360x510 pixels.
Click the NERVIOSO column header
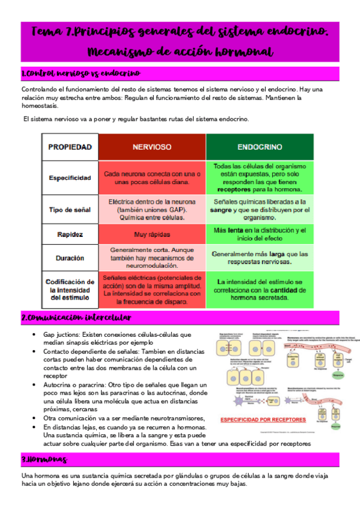(152, 147)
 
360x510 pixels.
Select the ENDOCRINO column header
(260, 147)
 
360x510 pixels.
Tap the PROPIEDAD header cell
(70, 147)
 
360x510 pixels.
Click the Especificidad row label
(70, 177)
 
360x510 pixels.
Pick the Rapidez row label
(70, 234)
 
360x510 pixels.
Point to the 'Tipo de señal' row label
(70, 209)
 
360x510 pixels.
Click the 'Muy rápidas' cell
(152, 234)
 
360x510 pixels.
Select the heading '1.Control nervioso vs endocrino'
(81, 73)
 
